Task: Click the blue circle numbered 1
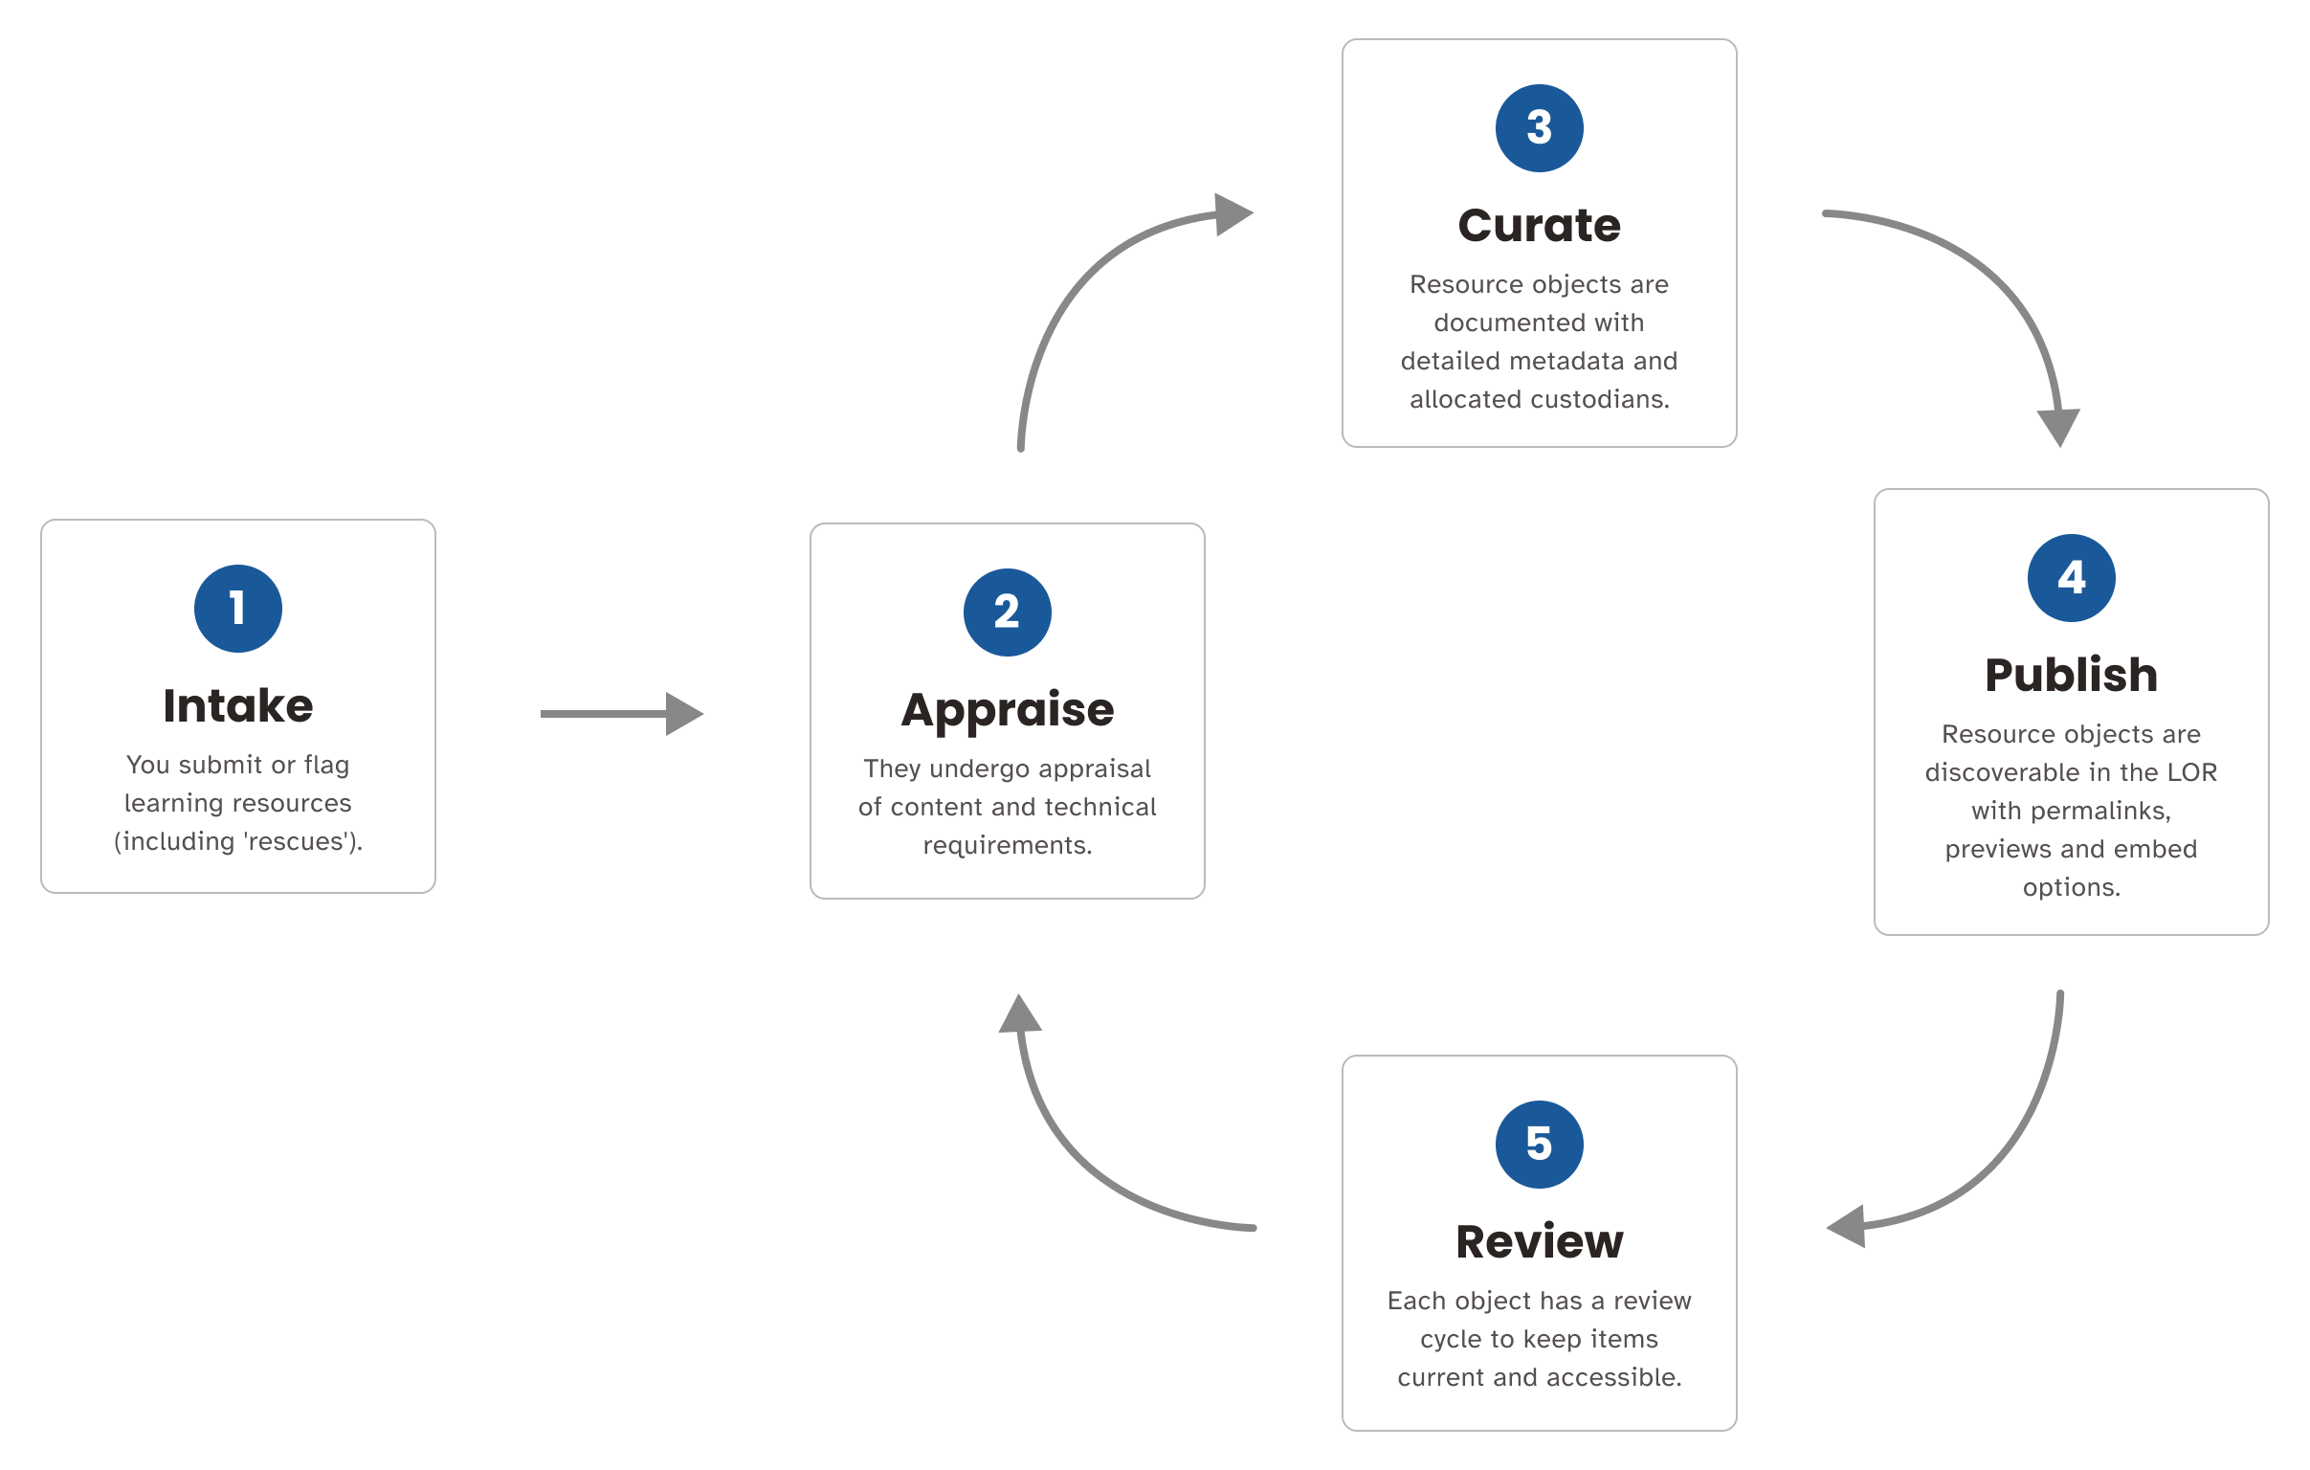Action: tap(238, 609)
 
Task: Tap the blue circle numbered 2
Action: tap(1008, 612)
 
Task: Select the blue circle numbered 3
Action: tap(1539, 128)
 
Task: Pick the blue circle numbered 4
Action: tap(2071, 578)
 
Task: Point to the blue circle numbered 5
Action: tap(1539, 1144)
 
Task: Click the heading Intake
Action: tap(238, 706)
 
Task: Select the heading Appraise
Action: tap(1008, 710)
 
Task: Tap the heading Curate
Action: tap(1539, 227)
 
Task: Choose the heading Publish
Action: tap(2071, 675)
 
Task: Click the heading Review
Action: tap(1539, 1241)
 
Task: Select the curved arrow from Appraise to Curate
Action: tap(1075, 288)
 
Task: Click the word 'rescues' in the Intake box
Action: tap(295, 841)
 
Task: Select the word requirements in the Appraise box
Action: tap(1008, 845)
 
